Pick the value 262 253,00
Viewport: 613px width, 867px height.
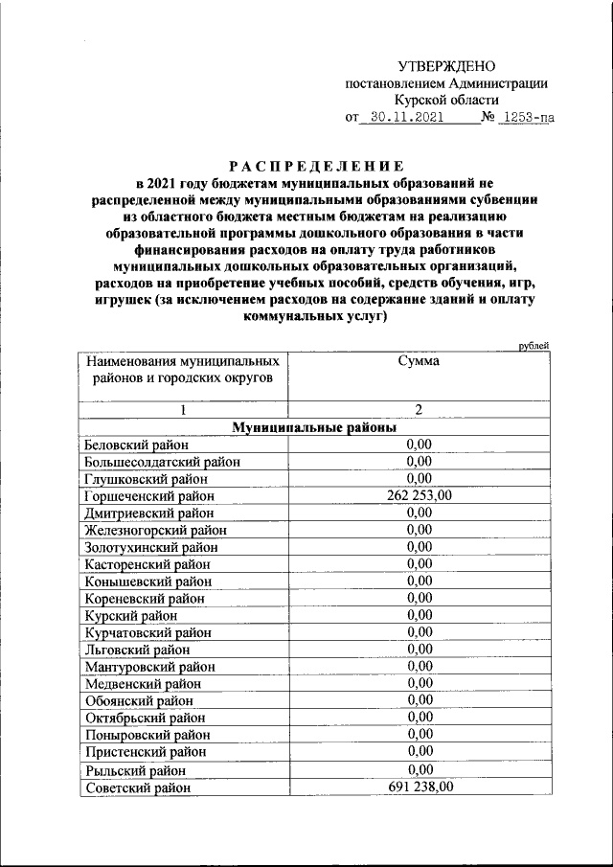tap(419, 495)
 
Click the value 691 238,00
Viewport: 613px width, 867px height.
tap(419, 787)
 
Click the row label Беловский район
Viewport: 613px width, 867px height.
tap(137, 445)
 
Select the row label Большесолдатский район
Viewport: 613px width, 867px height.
tap(162, 462)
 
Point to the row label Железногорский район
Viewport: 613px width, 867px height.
tap(156, 530)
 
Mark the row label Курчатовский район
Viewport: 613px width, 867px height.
tap(148, 632)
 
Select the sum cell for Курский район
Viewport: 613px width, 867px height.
tap(419, 614)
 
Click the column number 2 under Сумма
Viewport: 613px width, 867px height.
tap(419, 410)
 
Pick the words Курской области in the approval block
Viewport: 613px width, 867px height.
tap(445, 100)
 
